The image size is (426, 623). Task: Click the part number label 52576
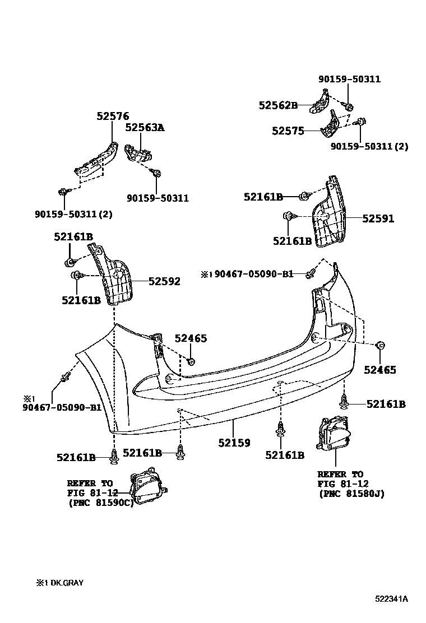pyautogui.click(x=112, y=116)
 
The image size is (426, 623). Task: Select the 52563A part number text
pyautogui.click(x=144, y=128)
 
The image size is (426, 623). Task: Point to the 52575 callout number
pyautogui.click(x=288, y=131)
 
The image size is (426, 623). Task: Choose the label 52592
pyautogui.click(x=164, y=281)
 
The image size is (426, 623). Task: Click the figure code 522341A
pyautogui.click(x=391, y=599)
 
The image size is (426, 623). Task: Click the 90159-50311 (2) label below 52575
pyautogui.click(x=369, y=147)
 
